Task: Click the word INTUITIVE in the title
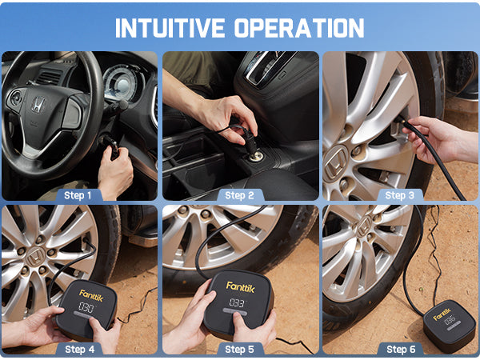click(170, 27)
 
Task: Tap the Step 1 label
click(78, 194)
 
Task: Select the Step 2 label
click(239, 194)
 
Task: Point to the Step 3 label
click(399, 194)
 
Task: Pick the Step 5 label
click(239, 349)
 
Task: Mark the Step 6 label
click(399, 349)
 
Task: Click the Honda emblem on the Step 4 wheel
click(34, 256)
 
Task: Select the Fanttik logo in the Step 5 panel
click(239, 286)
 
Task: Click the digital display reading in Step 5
click(237, 303)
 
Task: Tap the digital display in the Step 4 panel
click(86, 308)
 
